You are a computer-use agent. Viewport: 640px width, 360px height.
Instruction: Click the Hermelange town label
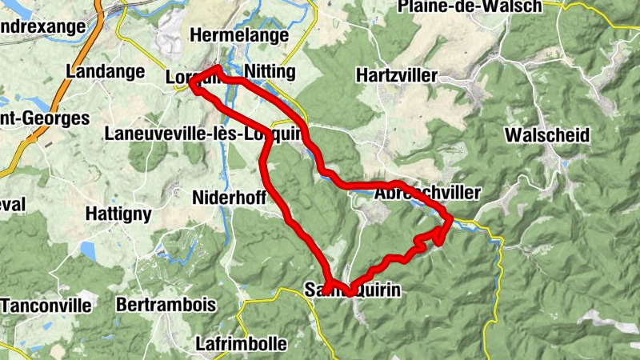238,35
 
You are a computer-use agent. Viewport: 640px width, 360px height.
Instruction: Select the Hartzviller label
397,76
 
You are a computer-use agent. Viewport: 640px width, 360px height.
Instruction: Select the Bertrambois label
166,305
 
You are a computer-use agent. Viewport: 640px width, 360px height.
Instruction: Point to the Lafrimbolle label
241,345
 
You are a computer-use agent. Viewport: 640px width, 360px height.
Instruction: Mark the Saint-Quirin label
352,290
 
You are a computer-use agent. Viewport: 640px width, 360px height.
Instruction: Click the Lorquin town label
192,78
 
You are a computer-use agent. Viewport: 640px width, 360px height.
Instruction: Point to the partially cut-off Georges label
44,118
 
